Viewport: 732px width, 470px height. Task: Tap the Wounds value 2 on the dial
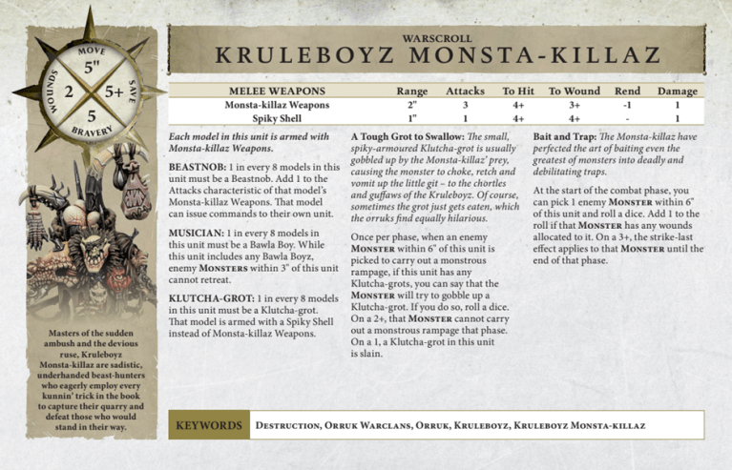point(68,92)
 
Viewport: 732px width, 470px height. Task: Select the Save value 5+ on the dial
point(114,92)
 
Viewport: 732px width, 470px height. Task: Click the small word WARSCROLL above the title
point(437,37)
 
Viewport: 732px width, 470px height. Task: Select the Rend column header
point(627,91)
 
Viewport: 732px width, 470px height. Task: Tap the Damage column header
point(677,91)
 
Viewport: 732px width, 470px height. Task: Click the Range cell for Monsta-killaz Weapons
point(412,105)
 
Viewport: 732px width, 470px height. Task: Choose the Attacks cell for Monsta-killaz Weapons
point(465,105)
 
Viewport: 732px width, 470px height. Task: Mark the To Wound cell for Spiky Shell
point(575,119)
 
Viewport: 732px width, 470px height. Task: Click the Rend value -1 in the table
point(627,105)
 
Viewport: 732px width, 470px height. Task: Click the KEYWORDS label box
point(207,425)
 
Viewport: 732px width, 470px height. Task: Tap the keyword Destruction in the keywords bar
point(285,425)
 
